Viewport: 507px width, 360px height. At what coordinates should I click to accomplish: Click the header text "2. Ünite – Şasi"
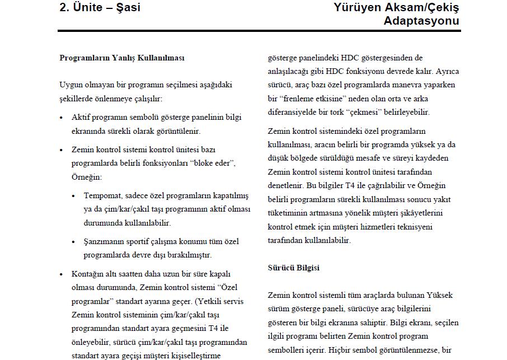(x=100, y=7)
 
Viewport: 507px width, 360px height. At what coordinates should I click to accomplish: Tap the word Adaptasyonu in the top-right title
(x=421, y=21)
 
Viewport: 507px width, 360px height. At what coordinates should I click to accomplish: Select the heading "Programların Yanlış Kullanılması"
(x=122, y=58)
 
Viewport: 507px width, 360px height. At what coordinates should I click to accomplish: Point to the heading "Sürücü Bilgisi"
(x=294, y=268)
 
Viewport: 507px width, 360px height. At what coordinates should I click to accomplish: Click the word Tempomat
(x=102, y=196)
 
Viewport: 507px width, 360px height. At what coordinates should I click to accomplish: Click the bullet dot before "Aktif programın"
(x=62, y=118)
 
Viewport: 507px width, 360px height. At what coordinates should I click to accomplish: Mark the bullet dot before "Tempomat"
(x=74, y=197)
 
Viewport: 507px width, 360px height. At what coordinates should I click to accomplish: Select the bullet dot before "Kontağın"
(x=62, y=275)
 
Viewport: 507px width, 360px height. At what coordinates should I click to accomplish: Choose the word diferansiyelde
(x=295, y=112)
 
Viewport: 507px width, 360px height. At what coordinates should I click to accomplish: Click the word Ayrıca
(x=448, y=72)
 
